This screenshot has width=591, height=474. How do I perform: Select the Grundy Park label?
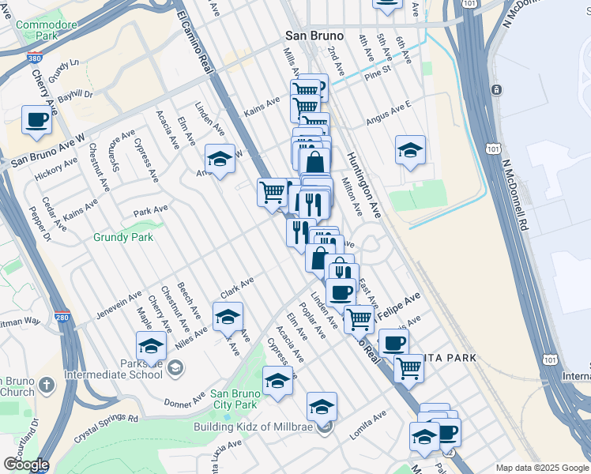(x=122, y=236)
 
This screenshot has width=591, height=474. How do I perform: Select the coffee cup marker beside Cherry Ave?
(x=36, y=120)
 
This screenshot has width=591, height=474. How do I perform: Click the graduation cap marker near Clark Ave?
(x=228, y=317)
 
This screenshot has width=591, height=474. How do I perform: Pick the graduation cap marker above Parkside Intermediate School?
(x=151, y=344)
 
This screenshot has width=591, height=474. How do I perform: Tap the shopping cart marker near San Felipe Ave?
(x=359, y=318)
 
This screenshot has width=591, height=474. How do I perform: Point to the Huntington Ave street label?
(x=363, y=184)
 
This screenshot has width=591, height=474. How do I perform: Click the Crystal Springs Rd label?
(x=106, y=427)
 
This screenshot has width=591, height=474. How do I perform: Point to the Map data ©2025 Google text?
(x=542, y=468)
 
